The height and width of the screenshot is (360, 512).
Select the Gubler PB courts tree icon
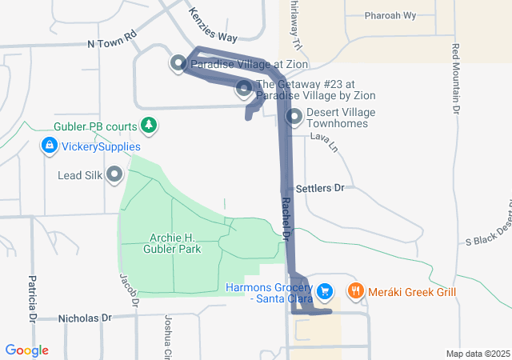click(x=148, y=125)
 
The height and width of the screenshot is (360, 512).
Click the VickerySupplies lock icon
click(x=50, y=146)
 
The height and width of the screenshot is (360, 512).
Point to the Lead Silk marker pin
click(x=114, y=174)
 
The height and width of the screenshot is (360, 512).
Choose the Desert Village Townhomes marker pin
click(x=294, y=118)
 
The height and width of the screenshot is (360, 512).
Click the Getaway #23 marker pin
click(x=245, y=89)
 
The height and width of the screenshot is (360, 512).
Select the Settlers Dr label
click(x=319, y=188)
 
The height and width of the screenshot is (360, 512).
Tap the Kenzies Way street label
click(x=212, y=26)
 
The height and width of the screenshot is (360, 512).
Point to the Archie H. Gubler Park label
click(x=174, y=242)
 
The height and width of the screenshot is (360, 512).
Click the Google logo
click(x=26, y=350)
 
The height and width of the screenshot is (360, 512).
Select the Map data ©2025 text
click(x=478, y=354)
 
